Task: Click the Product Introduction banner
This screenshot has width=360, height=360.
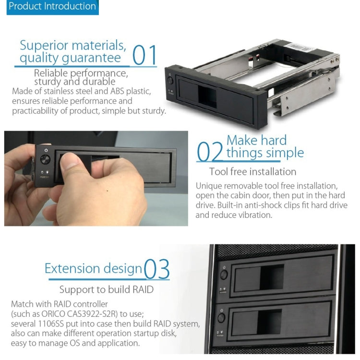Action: click(x=52, y=7)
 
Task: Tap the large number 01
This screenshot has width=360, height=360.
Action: click(x=144, y=55)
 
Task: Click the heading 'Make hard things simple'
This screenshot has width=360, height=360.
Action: click(x=265, y=146)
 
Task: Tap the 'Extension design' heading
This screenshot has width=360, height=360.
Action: click(x=94, y=268)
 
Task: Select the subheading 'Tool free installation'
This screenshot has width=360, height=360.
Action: click(x=252, y=171)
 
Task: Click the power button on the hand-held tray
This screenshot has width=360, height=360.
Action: click(x=46, y=150)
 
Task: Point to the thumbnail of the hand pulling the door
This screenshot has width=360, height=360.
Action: click(x=96, y=178)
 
